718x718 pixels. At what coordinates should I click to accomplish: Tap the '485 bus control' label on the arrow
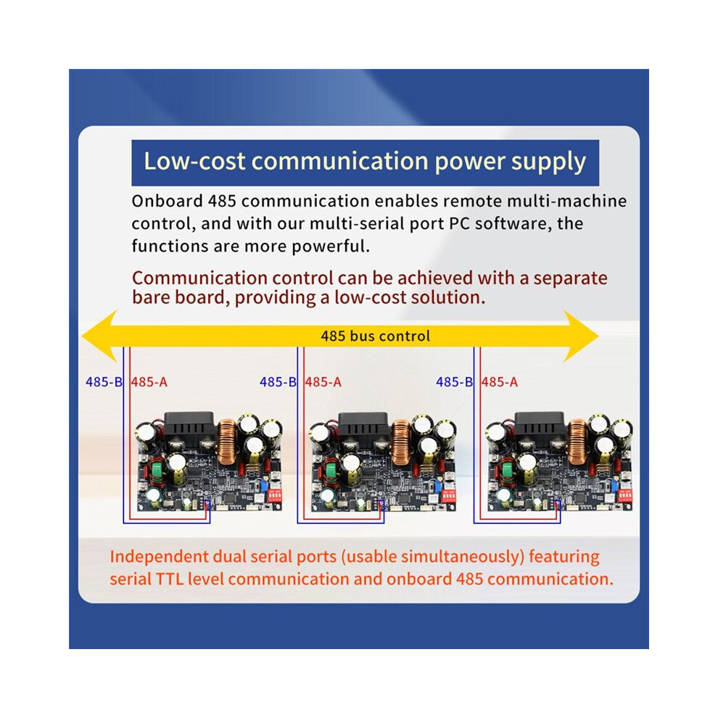point(375,336)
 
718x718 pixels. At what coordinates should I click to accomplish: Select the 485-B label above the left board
point(104,382)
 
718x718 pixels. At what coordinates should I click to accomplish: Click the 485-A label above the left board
point(149,382)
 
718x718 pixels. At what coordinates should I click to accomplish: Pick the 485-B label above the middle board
point(278,382)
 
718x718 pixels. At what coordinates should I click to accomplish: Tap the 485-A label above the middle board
point(323,382)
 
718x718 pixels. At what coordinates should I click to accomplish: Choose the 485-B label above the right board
point(454,382)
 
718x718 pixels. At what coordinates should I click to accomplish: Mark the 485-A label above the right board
point(500,382)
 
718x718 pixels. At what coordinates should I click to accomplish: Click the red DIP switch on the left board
point(275,495)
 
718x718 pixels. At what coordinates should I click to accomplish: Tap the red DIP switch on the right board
point(625,495)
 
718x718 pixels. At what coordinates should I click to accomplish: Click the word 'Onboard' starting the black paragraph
point(167,201)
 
